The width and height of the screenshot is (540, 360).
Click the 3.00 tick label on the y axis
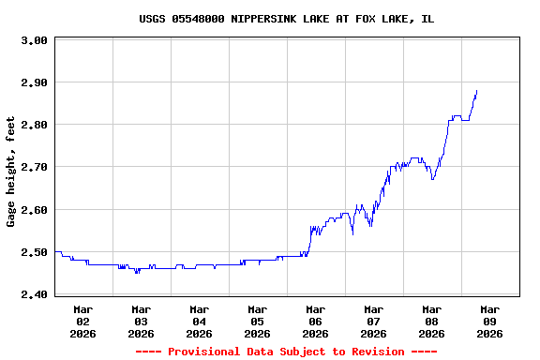(34, 40)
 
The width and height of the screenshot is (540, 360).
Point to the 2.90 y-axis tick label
(34, 82)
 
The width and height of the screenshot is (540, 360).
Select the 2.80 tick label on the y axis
(34, 125)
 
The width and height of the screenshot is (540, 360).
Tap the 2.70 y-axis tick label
(34, 167)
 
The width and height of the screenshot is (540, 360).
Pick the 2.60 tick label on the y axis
(34, 210)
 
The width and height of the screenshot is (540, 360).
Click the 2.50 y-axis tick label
(34, 252)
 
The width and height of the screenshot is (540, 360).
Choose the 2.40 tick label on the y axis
(34, 294)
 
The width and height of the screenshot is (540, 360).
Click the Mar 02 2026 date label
(83, 321)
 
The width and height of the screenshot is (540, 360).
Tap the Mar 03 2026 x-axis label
(142, 321)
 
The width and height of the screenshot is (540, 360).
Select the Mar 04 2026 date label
(200, 321)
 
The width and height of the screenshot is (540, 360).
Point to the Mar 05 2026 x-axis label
(258, 321)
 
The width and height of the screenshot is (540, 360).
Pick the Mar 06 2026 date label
(316, 321)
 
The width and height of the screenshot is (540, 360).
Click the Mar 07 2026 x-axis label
(374, 321)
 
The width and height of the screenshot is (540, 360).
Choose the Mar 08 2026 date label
(432, 321)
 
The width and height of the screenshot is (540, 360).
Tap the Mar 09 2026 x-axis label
(490, 321)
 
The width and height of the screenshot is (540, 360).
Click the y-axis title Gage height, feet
(11, 172)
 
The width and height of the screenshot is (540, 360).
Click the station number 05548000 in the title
(198, 19)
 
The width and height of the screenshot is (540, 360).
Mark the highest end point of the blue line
(476, 91)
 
